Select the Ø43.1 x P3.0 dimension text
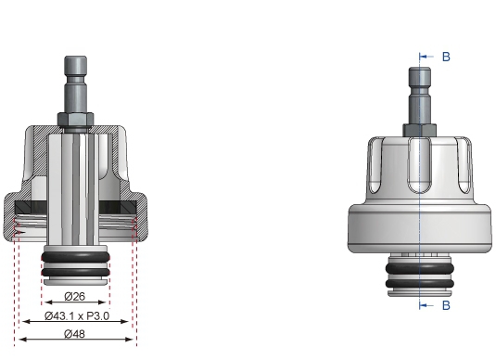[76, 317]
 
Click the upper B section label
[445, 58]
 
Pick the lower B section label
[445, 303]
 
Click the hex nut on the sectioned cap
[76, 119]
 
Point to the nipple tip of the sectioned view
[76, 65]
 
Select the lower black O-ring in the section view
[76, 270]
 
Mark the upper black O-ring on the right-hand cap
[420, 265]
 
